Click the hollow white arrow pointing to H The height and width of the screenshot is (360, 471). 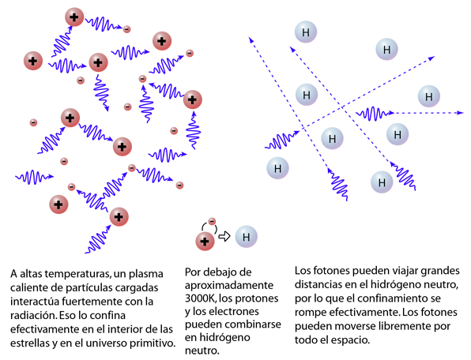point(224,236)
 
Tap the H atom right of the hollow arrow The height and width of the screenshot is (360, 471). point(247,237)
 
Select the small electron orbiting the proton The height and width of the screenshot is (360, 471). point(212,221)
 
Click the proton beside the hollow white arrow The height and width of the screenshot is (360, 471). point(205,242)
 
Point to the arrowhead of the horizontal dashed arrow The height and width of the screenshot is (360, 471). point(461,113)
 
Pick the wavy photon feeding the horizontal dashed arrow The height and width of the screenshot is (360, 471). point(375,113)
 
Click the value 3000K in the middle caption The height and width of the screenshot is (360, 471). point(201,298)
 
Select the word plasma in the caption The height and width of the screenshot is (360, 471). point(146,274)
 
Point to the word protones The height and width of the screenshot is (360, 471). point(258,298)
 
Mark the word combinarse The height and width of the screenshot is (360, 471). point(256,324)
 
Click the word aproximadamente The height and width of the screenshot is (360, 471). point(229,285)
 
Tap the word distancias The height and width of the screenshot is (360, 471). point(318,284)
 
